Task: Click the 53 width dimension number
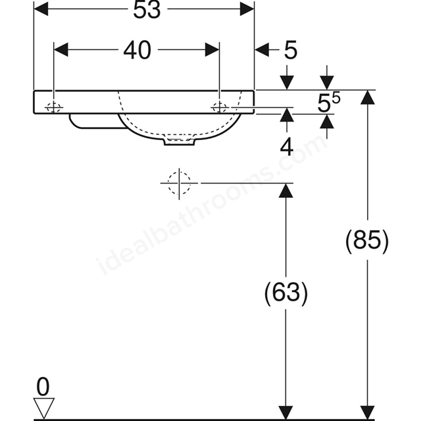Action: click(x=147, y=11)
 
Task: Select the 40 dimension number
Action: click(x=137, y=50)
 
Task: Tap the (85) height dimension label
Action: click(x=367, y=241)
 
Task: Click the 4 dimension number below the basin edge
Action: click(x=287, y=147)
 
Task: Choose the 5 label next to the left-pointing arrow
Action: click(x=291, y=50)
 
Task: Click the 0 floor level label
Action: click(x=43, y=387)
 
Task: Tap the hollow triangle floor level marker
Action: click(x=44, y=408)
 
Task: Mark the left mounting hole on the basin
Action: click(x=54, y=107)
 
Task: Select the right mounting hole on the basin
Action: click(x=219, y=107)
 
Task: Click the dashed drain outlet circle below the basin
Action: click(x=179, y=184)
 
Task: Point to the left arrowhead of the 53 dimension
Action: click(x=41, y=9)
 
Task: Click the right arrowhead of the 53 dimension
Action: click(x=247, y=9)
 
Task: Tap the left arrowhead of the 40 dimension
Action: click(x=61, y=50)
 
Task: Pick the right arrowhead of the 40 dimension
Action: click(x=212, y=50)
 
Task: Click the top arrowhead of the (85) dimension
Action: click(x=367, y=97)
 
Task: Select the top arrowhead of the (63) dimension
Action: click(x=285, y=190)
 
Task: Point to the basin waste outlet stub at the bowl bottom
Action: click(x=179, y=141)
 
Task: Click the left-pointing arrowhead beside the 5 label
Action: click(x=262, y=50)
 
